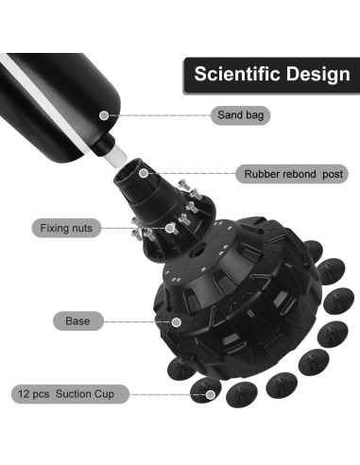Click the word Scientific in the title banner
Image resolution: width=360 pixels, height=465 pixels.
[x=237, y=74]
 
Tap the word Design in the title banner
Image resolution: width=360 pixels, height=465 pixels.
[x=318, y=75]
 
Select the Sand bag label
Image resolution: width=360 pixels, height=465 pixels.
[x=240, y=115]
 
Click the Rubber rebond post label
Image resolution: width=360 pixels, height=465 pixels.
[x=292, y=174]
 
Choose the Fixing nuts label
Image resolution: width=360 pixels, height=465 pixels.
[x=66, y=228]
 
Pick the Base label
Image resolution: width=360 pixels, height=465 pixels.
[x=78, y=321]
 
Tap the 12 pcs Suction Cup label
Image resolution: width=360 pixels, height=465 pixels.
[x=70, y=394]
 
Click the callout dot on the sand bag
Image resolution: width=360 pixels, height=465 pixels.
[x=104, y=115]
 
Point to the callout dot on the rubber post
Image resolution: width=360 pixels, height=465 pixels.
[x=144, y=173]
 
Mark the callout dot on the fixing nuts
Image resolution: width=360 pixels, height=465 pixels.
[x=170, y=228]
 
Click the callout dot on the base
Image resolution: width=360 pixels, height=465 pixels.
[x=177, y=322]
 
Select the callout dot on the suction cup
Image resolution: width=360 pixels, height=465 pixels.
[x=211, y=394]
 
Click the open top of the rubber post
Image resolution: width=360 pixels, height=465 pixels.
[x=127, y=172]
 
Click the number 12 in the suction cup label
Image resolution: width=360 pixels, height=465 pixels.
[x=24, y=394]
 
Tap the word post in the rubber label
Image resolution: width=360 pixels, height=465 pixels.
[x=333, y=174]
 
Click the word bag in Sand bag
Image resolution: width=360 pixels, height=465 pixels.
[x=254, y=115]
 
